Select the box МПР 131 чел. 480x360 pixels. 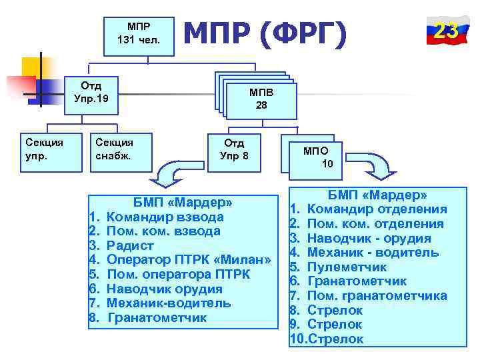click(139, 33)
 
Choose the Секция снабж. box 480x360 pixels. click(115, 149)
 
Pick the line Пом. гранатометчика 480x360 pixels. click(377, 295)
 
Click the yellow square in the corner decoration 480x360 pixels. click(32, 67)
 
